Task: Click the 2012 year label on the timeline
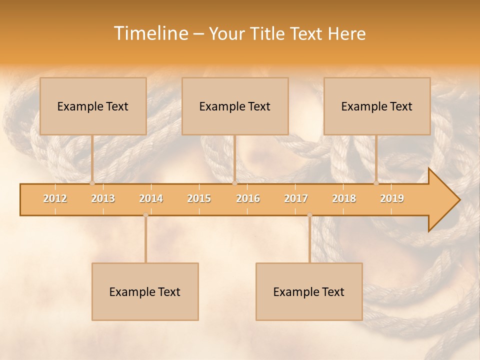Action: tap(55, 199)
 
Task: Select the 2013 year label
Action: tap(103, 199)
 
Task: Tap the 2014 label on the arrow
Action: tap(151, 199)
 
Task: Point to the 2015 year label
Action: tap(199, 199)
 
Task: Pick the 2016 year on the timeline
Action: tap(248, 199)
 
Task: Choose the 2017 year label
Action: tap(296, 199)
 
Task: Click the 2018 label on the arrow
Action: tap(344, 199)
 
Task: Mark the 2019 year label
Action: tap(392, 199)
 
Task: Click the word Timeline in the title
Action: tap(150, 33)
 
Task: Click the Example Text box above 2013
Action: tap(93, 106)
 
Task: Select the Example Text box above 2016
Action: tap(235, 106)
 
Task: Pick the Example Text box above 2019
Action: tap(377, 106)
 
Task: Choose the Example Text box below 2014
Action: tap(145, 291)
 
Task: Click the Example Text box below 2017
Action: tap(309, 291)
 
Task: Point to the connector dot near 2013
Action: tap(92, 183)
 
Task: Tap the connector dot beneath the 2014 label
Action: tap(145, 215)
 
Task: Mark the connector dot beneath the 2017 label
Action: tap(309, 215)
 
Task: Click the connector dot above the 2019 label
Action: tap(376, 183)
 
